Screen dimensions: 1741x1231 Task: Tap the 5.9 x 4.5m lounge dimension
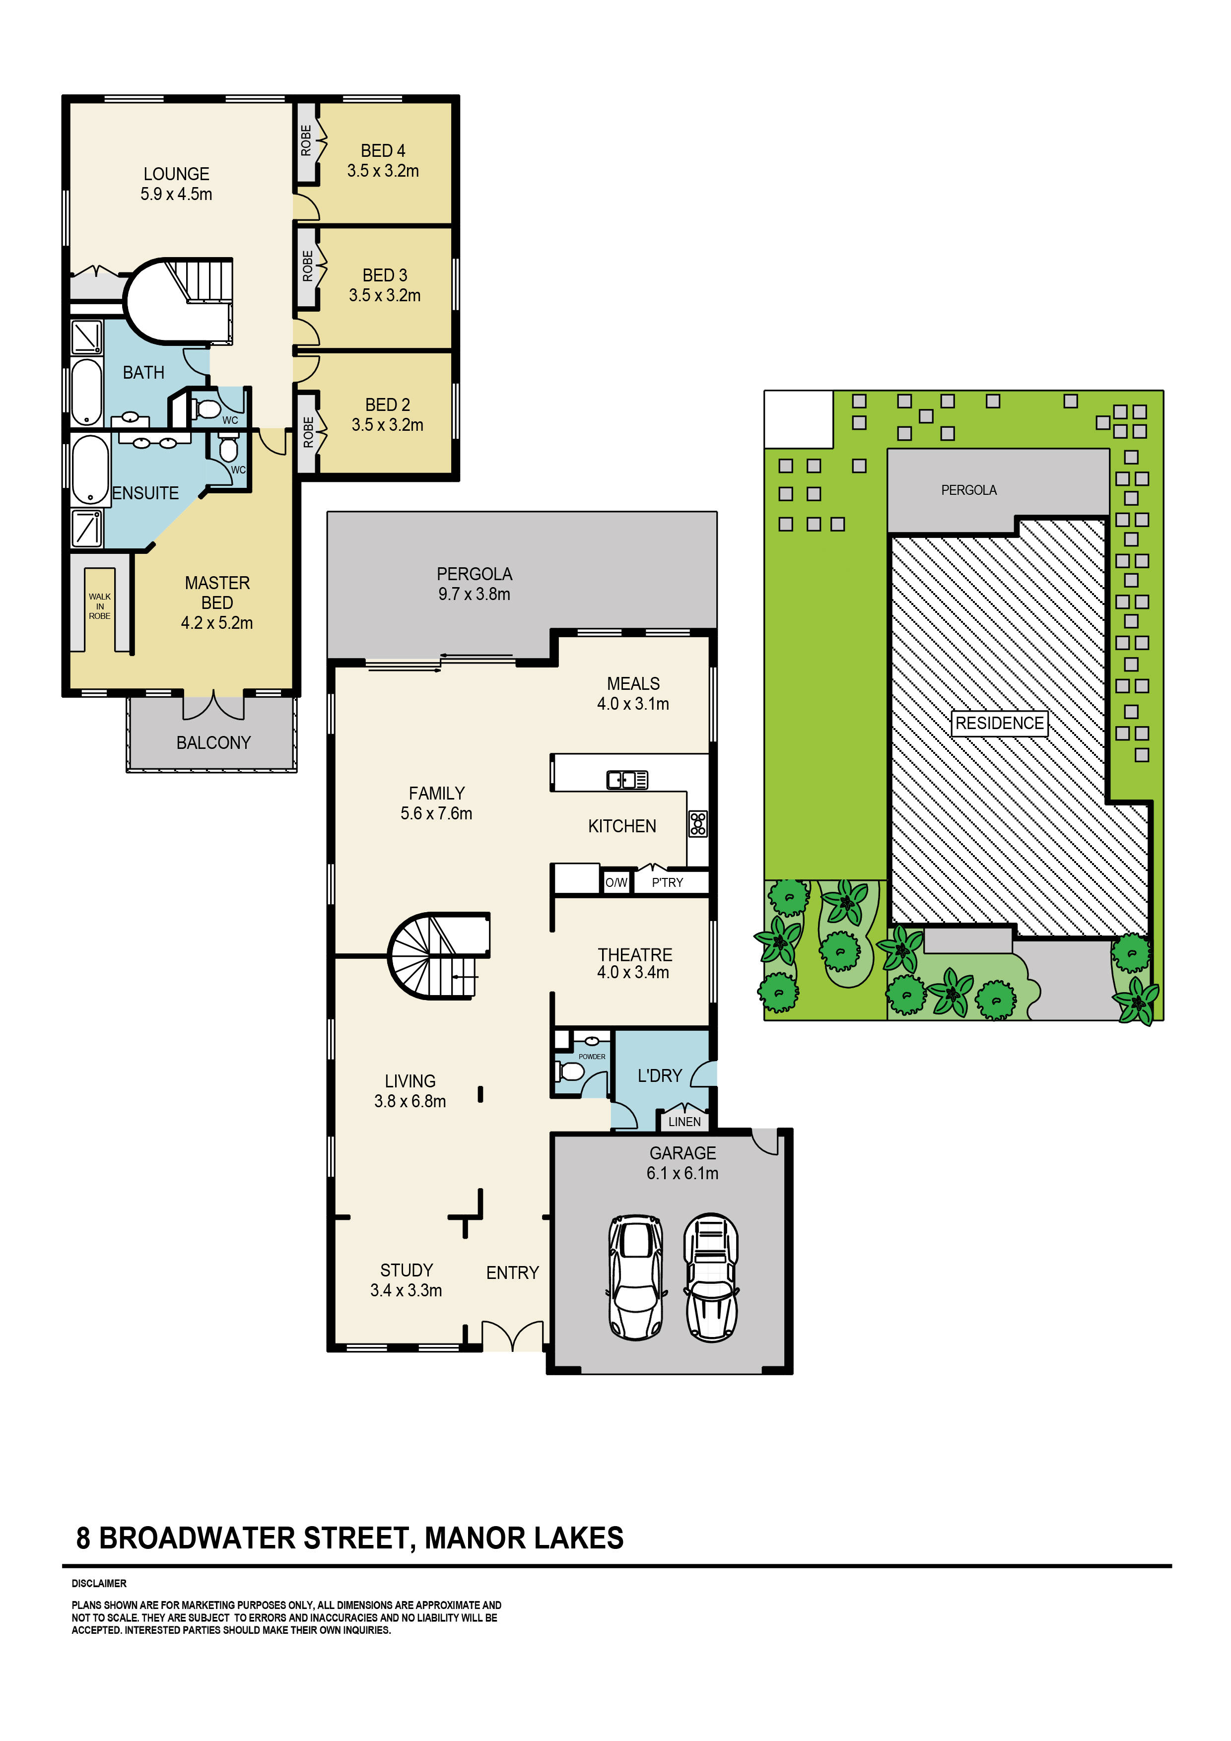tap(176, 194)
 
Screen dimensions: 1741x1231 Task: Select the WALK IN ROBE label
tap(99, 606)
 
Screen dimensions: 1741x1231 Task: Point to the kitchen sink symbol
tap(626, 780)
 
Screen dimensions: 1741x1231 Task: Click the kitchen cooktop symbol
tap(698, 823)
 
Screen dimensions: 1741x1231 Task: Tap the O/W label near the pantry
tap(616, 882)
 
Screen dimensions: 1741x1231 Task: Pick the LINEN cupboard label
tap(684, 1122)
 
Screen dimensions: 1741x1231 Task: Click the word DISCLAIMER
tap(99, 1583)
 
